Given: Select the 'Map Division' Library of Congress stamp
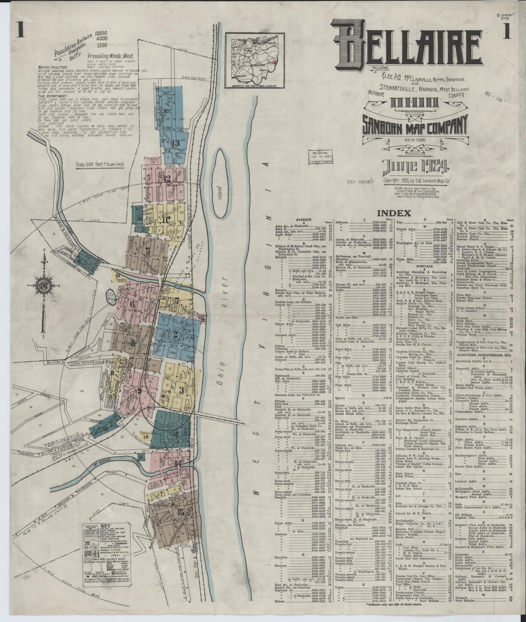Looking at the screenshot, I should (x=320, y=158).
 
